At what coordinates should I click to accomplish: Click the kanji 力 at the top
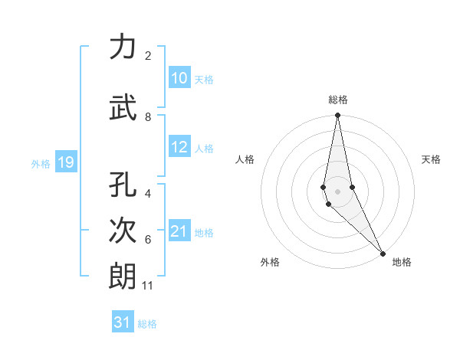[x=123, y=47]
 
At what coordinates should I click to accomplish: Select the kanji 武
[x=123, y=108]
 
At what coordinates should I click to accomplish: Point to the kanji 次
[x=123, y=230]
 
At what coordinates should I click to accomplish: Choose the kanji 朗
[x=123, y=276]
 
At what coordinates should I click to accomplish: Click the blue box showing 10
[x=179, y=78]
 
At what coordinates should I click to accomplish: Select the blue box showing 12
[x=179, y=147]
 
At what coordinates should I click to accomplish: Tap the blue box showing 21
[x=179, y=231]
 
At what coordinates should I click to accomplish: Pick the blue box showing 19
[x=65, y=162]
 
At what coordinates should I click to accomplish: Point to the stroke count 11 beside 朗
[x=147, y=286]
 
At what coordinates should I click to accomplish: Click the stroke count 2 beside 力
[x=147, y=56]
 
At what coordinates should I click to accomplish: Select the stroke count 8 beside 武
[x=147, y=117]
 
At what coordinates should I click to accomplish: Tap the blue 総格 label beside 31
[x=147, y=324]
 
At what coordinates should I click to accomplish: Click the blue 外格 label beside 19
[x=41, y=163]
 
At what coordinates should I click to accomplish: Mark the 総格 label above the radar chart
[x=337, y=100]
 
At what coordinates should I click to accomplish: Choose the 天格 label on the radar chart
[x=431, y=159]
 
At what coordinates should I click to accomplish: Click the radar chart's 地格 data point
[x=383, y=253]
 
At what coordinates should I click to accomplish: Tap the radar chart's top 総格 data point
[x=337, y=116]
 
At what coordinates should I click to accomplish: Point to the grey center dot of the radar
[x=337, y=191]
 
